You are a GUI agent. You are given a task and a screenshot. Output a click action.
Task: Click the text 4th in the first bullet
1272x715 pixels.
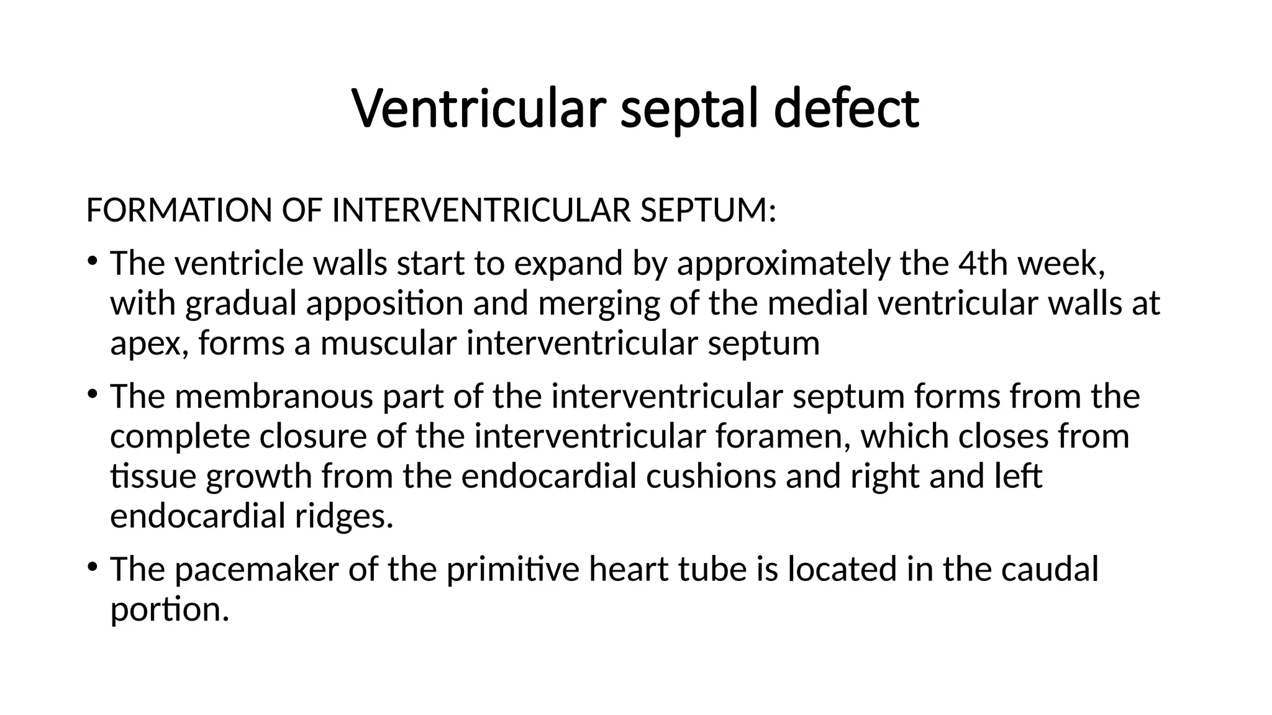977,263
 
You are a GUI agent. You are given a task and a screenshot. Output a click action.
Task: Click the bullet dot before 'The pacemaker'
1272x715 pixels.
92,567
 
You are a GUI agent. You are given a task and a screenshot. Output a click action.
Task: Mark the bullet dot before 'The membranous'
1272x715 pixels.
92,394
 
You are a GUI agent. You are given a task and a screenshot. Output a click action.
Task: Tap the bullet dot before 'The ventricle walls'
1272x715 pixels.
92,261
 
